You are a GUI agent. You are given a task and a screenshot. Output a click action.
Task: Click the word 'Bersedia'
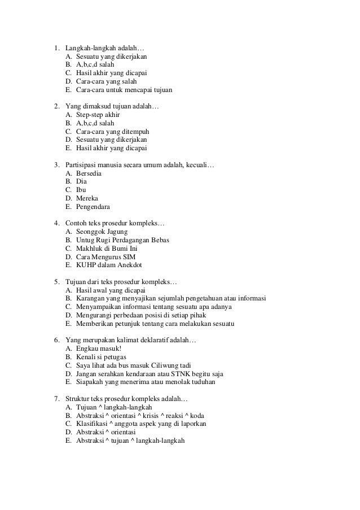[89, 173]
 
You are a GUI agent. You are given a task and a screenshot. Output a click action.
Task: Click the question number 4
[57, 224]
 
